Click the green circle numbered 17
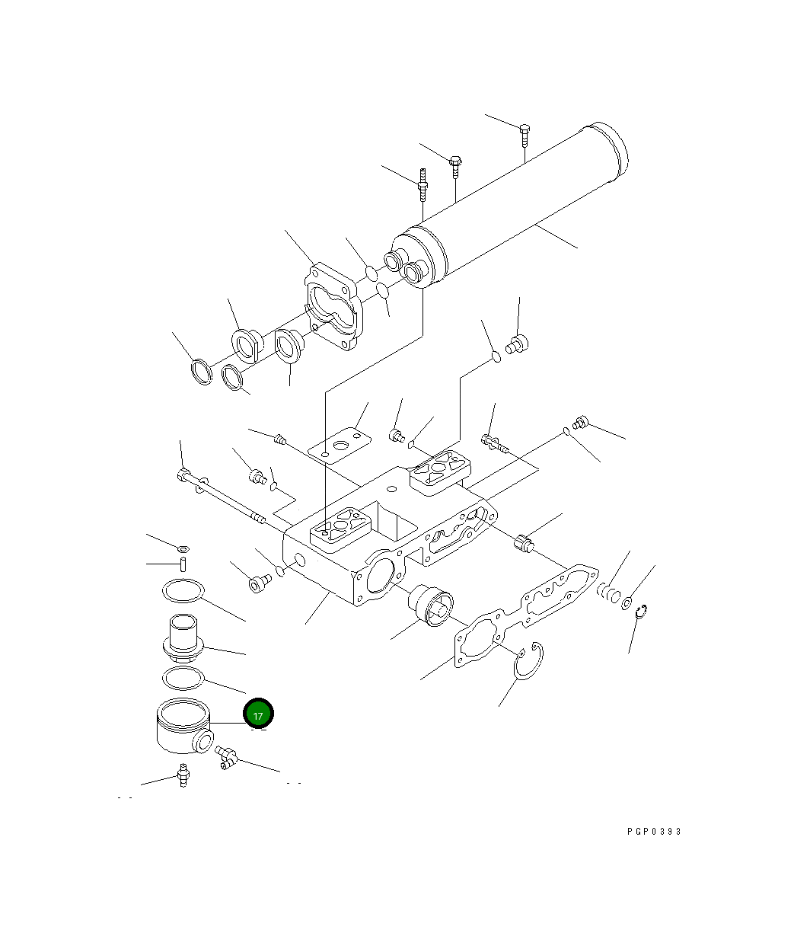[258, 714]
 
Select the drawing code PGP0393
[654, 831]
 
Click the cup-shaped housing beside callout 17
[182, 727]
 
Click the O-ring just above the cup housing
[183, 677]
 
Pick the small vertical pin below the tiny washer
[183, 564]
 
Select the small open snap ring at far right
[641, 611]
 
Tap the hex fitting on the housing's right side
[524, 543]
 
